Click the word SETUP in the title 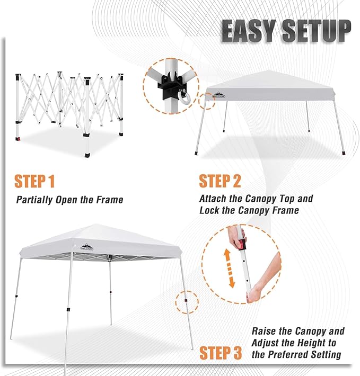[x=317, y=31]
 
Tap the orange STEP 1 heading [x=34, y=181]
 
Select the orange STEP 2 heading [x=220, y=181]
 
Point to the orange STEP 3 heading [x=221, y=353]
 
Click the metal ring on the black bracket [x=184, y=98]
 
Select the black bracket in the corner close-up [x=172, y=85]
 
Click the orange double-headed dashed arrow [x=229, y=268]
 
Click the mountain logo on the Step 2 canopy [x=219, y=95]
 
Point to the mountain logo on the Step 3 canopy [x=86, y=247]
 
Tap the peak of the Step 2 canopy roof [x=270, y=70]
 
